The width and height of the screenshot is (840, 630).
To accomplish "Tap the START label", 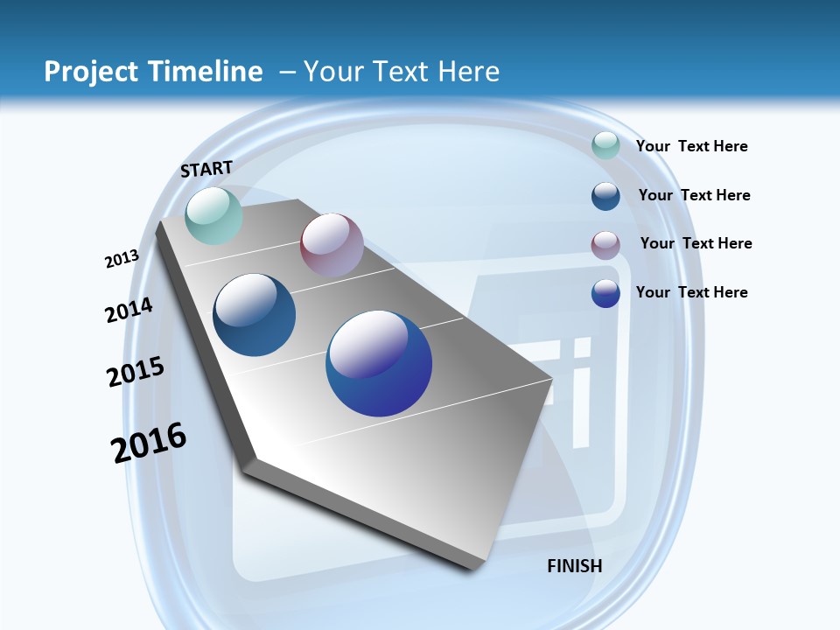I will click(x=206, y=169).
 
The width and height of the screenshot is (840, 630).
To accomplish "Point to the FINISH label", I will click(x=575, y=566).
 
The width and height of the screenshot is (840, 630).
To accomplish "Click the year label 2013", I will click(x=122, y=258).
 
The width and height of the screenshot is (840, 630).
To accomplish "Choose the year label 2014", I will click(x=129, y=310).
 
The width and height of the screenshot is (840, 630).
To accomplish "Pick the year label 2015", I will click(x=136, y=372).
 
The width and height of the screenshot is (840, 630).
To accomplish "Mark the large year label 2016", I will click(x=149, y=443).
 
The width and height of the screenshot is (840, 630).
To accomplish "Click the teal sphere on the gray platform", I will click(x=213, y=215).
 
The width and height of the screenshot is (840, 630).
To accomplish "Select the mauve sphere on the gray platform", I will click(x=332, y=245).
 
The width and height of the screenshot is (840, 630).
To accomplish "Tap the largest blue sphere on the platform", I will click(x=379, y=363).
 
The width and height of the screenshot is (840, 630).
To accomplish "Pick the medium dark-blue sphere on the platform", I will click(x=255, y=315).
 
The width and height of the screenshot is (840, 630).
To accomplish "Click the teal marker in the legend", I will click(x=605, y=145).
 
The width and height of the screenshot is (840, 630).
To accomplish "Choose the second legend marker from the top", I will click(x=605, y=196).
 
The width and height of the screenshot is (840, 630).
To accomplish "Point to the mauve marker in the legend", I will click(x=605, y=245).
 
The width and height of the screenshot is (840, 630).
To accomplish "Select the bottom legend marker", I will click(x=605, y=293).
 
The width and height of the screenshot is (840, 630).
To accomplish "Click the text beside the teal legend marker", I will click(x=691, y=146).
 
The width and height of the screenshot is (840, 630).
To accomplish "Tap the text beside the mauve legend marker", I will click(x=696, y=243).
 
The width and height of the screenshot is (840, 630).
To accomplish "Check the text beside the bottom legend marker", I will click(x=691, y=292).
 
